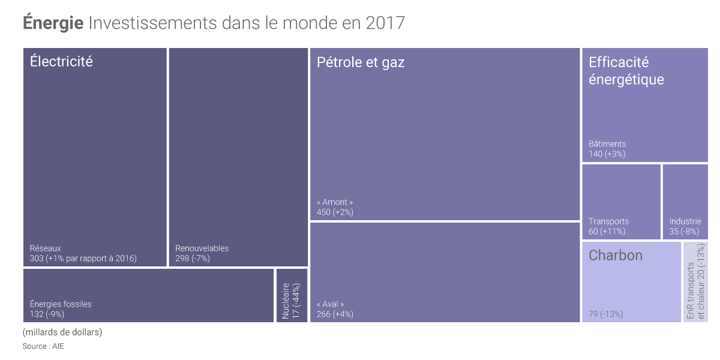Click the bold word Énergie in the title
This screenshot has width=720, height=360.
click(53, 23)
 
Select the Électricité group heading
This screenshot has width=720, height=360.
click(61, 61)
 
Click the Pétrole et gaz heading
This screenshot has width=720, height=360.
click(361, 62)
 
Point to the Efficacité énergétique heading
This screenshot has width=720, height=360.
click(626, 71)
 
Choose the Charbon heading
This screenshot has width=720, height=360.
click(615, 256)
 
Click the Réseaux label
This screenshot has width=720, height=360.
click(46, 248)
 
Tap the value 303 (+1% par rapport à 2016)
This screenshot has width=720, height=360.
click(83, 259)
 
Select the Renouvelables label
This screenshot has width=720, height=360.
click(202, 248)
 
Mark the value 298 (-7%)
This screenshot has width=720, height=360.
click(193, 259)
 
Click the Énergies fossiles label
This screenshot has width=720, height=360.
click(61, 304)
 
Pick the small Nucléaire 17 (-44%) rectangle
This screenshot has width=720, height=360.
click(292, 296)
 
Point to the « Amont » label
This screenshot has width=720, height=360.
click(335, 202)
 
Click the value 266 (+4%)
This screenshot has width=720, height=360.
click(335, 314)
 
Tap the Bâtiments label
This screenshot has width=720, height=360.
click(607, 144)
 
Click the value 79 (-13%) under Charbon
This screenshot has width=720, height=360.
click(606, 314)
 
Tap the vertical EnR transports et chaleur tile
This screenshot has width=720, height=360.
click(695, 282)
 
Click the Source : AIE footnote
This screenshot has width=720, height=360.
click(43, 346)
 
